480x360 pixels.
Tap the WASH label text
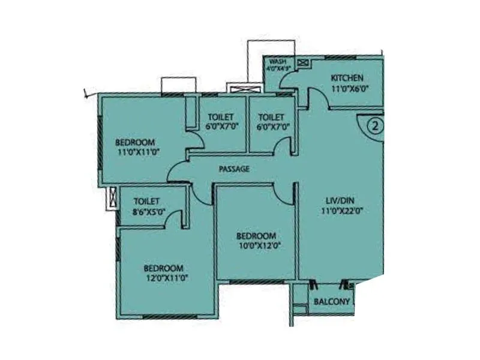(x=277, y=62)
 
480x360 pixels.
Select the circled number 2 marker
(x=374, y=127)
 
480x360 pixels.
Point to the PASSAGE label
(x=234, y=169)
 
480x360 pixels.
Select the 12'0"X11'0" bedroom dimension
(x=163, y=277)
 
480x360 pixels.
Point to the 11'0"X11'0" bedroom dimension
(x=135, y=152)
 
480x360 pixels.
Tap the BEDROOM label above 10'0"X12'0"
(x=256, y=235)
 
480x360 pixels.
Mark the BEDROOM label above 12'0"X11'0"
(x=163, y=268)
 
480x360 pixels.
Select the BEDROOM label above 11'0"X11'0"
(x=135, y=143)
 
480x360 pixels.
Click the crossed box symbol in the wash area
(x=301, y=62)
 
